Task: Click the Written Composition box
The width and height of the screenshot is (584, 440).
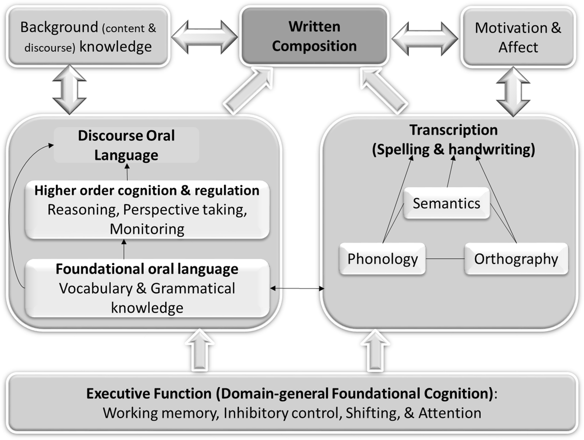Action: pyautogui.click(x=314, y=36)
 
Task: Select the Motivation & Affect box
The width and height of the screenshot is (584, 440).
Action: pyautogui.click(x=518, y=37)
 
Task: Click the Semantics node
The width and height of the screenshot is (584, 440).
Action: pyautogui.click(x=446, y=203)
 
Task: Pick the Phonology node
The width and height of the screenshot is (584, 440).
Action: pyautogui.click(x=382, y=258)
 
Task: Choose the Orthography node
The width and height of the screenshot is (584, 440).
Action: pyautogui.click(x=516, y=258)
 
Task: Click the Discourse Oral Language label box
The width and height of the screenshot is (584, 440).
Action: pyautogui.click(x=126, y=145)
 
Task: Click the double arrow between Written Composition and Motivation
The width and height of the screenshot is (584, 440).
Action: pyautogui.click(x=425, y=38)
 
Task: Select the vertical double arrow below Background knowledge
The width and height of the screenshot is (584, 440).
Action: pyautogui.click(x=69, y=90)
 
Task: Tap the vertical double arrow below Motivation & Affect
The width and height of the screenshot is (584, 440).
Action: pyautogui.click(x=513, y=91)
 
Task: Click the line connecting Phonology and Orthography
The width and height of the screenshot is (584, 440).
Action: pyautogui.click(x=445, y=258)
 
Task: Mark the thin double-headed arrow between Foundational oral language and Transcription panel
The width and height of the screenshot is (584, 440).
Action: pyautogui.click(x=297, y=289)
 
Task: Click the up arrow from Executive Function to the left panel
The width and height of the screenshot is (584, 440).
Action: pyautogui.click(x=199, y=351)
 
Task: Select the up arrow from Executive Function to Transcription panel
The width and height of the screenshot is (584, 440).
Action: pyautogui.click(x=375, y=351)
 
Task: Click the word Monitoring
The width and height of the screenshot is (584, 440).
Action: pyautogui.click(x=147, y=229)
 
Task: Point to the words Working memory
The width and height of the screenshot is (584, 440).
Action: pyautogui.click(x=161, y=413)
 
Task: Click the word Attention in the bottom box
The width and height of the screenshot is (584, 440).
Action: pyautogui.click(x=450, y=413)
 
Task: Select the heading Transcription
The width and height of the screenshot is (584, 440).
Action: pyautogui.click(x=453, y=130)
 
